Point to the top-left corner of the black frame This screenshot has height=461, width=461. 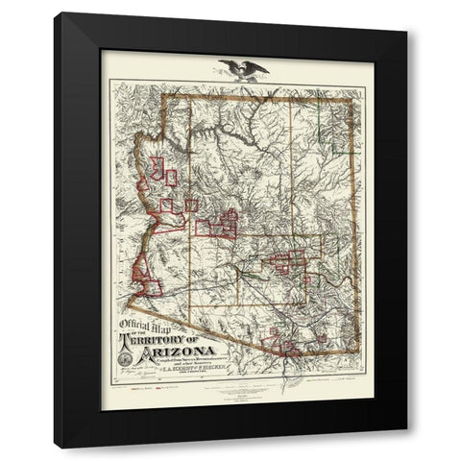coord(56,13)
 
